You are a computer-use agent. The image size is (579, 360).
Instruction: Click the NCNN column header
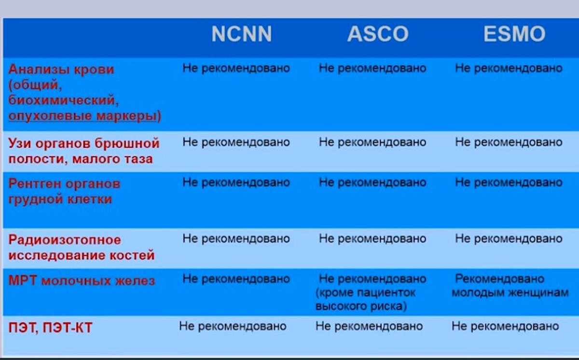click(x=241, y=34)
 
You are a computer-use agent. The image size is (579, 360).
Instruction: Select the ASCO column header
click(x=378, y=34)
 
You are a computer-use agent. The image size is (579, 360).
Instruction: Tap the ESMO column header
click(x=514, y=34)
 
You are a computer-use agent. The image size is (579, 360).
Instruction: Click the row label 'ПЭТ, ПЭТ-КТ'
click(x=50, y=328)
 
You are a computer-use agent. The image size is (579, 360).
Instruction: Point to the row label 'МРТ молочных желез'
click(x=82, y=280)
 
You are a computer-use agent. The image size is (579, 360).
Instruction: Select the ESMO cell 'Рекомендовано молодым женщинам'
click(x=510, y=286)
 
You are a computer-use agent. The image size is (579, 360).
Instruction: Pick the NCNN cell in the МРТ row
click(x=236, y=279)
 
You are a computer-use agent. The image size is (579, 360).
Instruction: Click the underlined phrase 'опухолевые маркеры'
click(x=84, y=116)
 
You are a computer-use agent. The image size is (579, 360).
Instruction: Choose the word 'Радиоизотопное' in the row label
click(x=65, y=240)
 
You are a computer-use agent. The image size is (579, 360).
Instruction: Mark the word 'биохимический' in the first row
click(x=63, y=101)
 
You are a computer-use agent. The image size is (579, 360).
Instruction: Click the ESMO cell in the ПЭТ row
click(x=505, y=326)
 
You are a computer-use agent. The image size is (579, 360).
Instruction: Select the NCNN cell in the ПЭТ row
click(x=233, y=326)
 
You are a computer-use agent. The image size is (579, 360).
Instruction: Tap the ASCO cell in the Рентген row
click(x=372, y=182)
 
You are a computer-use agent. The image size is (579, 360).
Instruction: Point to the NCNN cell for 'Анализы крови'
click(x=236, y=68)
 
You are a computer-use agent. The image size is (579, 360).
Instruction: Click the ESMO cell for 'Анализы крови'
click(x=509, y=68)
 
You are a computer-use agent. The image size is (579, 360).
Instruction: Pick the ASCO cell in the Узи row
click(x=372, y=142)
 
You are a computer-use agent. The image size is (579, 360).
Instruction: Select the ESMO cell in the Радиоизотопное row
click(x=509, y=238)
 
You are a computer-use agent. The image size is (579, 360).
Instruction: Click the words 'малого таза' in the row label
click(x=112, y=159)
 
